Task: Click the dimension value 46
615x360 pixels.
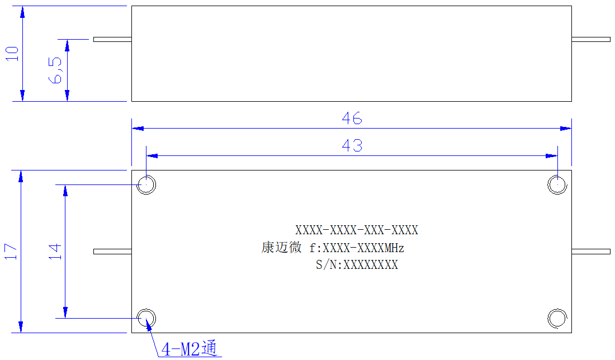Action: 352,118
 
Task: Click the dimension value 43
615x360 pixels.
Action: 352,145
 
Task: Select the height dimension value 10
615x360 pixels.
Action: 12,53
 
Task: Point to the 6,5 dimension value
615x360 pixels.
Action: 55,70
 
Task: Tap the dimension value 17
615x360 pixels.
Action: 11,252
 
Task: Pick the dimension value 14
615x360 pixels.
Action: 55,252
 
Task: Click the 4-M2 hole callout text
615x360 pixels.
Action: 189,348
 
